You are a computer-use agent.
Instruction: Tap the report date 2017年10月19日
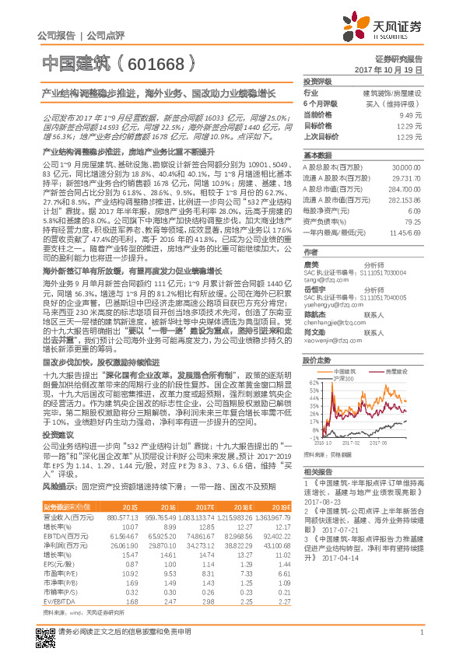coord(393,70)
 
